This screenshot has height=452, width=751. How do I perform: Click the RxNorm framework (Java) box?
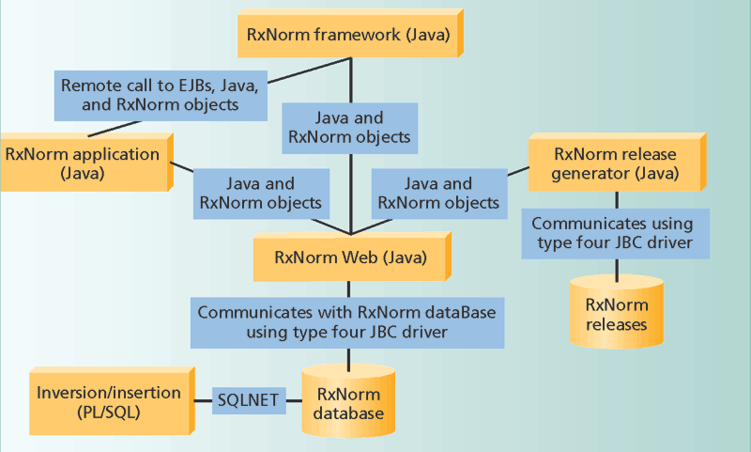pos(346,35)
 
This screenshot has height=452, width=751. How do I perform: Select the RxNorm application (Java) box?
pos(84,162)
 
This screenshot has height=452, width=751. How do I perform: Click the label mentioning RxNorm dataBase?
pos(348,320)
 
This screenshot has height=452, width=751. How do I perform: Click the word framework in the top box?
pos(354,35)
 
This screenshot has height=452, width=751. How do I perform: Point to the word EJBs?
pos(193,85)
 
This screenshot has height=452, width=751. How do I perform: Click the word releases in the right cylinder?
pos(616,324)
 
